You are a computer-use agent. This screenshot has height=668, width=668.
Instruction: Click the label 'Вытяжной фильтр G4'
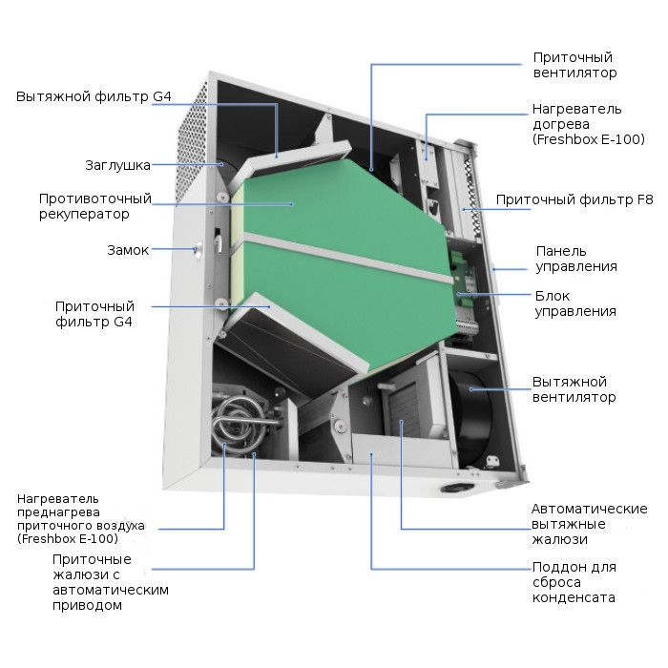pos(94,96)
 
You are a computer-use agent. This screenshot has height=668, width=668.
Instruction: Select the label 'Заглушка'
pos(117,165)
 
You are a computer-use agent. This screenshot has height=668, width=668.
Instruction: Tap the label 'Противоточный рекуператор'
pos(95,206)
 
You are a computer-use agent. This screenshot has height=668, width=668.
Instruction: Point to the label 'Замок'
pos(128,250)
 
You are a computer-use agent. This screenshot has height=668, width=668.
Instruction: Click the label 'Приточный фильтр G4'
pos(94,314)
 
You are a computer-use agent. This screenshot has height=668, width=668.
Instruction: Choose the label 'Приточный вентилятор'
pos(574,65)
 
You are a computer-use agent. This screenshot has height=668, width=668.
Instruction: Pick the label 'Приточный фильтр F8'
pos(574,199)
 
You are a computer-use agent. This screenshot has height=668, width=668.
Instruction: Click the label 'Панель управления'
pos(576,259)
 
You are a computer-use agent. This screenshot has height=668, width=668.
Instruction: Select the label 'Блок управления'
pos(575,303)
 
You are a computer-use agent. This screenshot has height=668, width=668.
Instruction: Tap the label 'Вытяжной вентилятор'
pos(574,389)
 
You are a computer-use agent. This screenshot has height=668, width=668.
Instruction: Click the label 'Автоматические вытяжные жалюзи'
pos(589,524)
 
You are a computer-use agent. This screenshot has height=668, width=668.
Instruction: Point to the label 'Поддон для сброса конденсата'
pos(574,582)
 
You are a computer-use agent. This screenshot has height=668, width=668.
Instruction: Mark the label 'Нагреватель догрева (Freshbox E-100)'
pos(589,124)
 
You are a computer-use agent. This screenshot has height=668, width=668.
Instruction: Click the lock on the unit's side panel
pos(198,250)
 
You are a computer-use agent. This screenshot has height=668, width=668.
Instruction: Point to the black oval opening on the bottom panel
pos(457,488)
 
